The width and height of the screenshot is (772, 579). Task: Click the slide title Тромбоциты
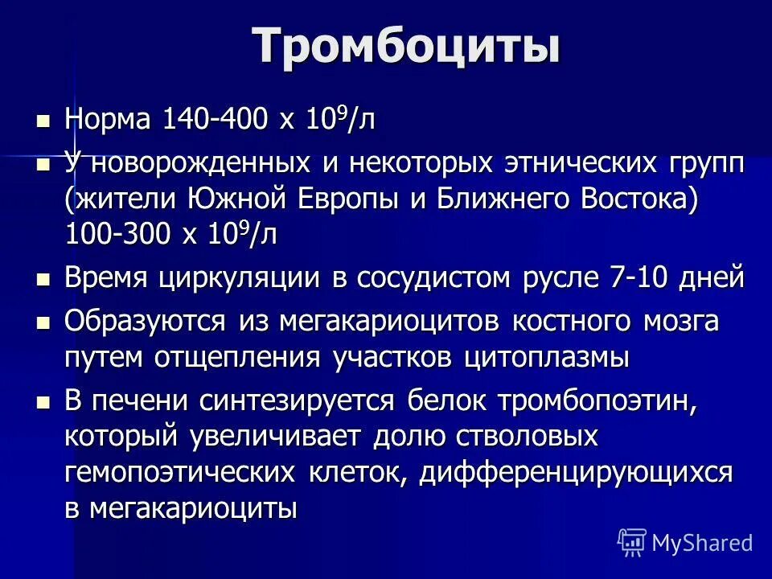(406, 47)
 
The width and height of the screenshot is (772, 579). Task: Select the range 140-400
(215, 120)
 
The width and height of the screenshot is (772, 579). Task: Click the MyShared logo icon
(632, 541)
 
